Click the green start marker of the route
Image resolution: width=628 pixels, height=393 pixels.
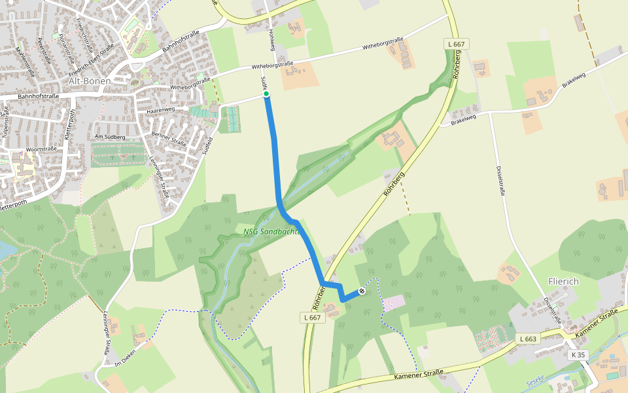[x=266, y=94]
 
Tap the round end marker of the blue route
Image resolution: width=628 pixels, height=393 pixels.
[x=361, y=290]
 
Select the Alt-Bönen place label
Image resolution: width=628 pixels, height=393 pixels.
[x=90, y=81]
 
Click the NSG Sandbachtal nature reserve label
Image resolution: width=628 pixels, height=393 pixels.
[x=271, y=231]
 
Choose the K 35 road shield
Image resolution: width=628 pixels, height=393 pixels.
[x=578, y=354]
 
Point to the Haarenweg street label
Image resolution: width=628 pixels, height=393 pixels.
[x=160, y=111]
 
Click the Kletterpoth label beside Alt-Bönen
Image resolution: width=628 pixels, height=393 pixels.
[x=71, y=123]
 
